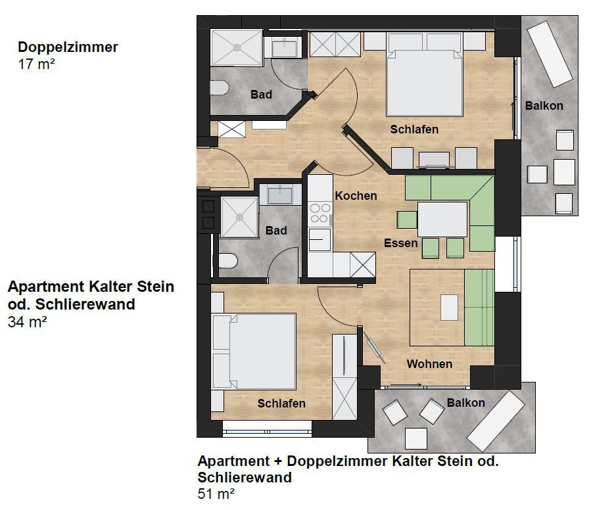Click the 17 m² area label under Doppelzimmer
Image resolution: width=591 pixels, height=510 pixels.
point(37,64)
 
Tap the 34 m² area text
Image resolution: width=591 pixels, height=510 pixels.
point(27,322)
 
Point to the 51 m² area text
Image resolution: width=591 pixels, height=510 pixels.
point(216,494)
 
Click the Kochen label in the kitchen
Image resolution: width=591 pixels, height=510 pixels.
point(356,196)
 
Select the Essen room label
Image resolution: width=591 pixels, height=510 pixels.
point(400,243)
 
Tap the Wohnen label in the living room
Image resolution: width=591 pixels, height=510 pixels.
point(429,363)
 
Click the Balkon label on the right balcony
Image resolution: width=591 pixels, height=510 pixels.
point(544,106)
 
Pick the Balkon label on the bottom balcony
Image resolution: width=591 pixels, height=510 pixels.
point(465,403)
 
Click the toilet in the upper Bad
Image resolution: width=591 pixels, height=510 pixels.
point(220,88)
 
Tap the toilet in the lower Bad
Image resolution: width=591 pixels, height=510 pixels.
point(228,261)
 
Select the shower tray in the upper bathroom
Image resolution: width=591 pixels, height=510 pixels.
point(237,47)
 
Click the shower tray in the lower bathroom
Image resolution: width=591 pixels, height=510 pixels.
point(239,218)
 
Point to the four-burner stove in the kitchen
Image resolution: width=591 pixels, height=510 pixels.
point(320,214)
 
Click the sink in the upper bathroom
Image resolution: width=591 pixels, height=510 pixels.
point(284,47)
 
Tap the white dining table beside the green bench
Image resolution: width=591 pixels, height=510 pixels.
point(442,220)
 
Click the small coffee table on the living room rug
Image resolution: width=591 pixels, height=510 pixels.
point(449,308)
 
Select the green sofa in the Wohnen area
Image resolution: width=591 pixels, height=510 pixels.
point(479,308)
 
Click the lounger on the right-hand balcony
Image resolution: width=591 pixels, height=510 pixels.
point(550,54)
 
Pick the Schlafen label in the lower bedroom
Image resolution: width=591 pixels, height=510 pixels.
point(281,404)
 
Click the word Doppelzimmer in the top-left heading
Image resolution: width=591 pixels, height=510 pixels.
point(68,47)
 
